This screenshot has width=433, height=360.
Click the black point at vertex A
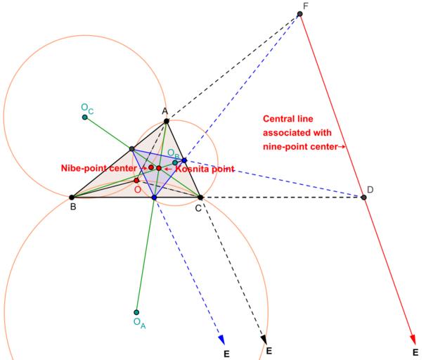tap(167, 122)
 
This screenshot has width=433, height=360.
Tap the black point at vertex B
tap(72, 198)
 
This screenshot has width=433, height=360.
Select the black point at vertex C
tap(200, 198)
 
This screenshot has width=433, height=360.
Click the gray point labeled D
tap(363, 197)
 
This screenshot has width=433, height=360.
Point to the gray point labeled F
tap(300, 13)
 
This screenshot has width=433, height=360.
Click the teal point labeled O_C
tap(84, 117)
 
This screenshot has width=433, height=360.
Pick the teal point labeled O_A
tap(136, 313)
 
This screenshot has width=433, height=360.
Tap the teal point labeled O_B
tap(175, 162)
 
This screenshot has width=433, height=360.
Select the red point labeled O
tap(137, 181)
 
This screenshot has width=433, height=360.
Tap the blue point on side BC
tap(154, 198)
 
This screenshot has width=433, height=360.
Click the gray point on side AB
tap(131, 149)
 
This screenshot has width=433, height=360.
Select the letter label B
tap(72, 207)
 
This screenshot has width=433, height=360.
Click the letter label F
tap(304, 6)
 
